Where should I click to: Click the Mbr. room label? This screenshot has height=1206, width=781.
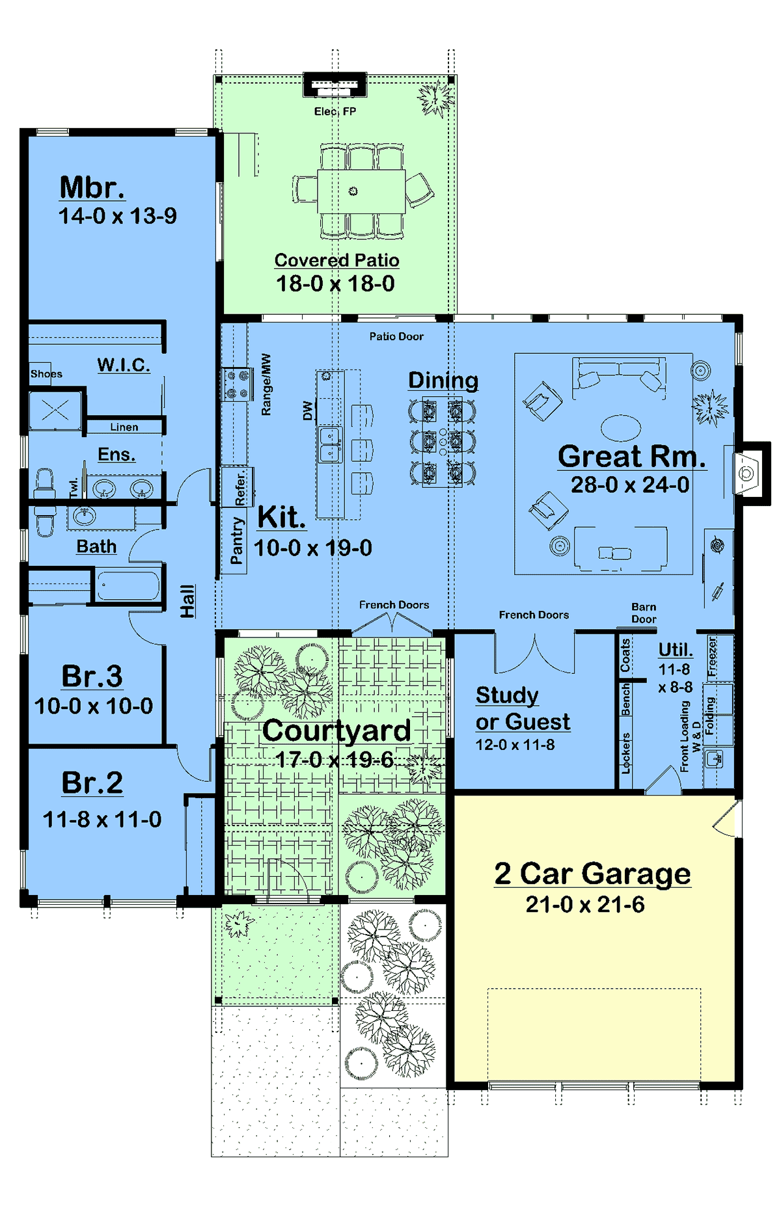click(92, 187)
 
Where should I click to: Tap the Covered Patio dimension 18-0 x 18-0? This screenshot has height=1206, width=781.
click(335, 284)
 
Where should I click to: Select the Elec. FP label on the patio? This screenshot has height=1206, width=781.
click(335, 111)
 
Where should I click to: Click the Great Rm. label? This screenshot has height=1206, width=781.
click(632, 456)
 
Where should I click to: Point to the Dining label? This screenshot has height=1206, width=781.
click(443, 380)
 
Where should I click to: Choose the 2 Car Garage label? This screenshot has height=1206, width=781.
click(592, 874)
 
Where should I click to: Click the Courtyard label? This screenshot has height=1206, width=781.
click(336, 730)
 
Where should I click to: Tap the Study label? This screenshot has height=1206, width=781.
click(507, 695)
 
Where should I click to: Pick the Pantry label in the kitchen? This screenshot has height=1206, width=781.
click(237, 540)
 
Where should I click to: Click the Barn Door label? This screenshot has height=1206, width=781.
click(644, 613)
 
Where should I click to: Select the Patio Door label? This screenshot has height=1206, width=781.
click(396, 336)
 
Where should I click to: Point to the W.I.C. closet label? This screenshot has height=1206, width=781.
click(124, 365)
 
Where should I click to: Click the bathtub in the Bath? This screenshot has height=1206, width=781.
click(128, 585)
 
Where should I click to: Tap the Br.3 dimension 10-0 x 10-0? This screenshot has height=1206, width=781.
click(94, 706)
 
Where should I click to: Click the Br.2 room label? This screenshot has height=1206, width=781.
click(92, 783)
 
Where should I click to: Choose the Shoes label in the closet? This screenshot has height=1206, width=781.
click(46, 373)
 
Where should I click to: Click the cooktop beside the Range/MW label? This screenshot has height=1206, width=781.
click(237, 384)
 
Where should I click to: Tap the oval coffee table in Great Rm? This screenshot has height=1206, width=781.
click(621, 428)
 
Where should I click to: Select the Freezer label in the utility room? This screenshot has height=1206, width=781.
click(712, 656)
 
